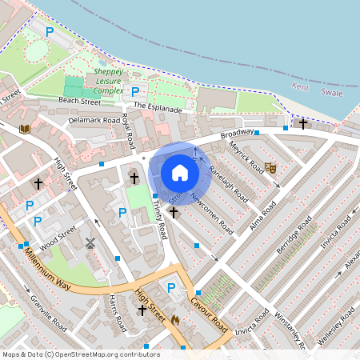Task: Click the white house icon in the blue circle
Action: click(x=180, y=173)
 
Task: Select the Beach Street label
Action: click(x=79, y=102)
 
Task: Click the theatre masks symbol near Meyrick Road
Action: click(x=270, y=169)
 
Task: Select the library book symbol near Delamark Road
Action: click(x=24, y=129)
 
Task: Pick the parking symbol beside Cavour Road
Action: click(x=170, y=287)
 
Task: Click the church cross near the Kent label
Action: click(x=303, y=124)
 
